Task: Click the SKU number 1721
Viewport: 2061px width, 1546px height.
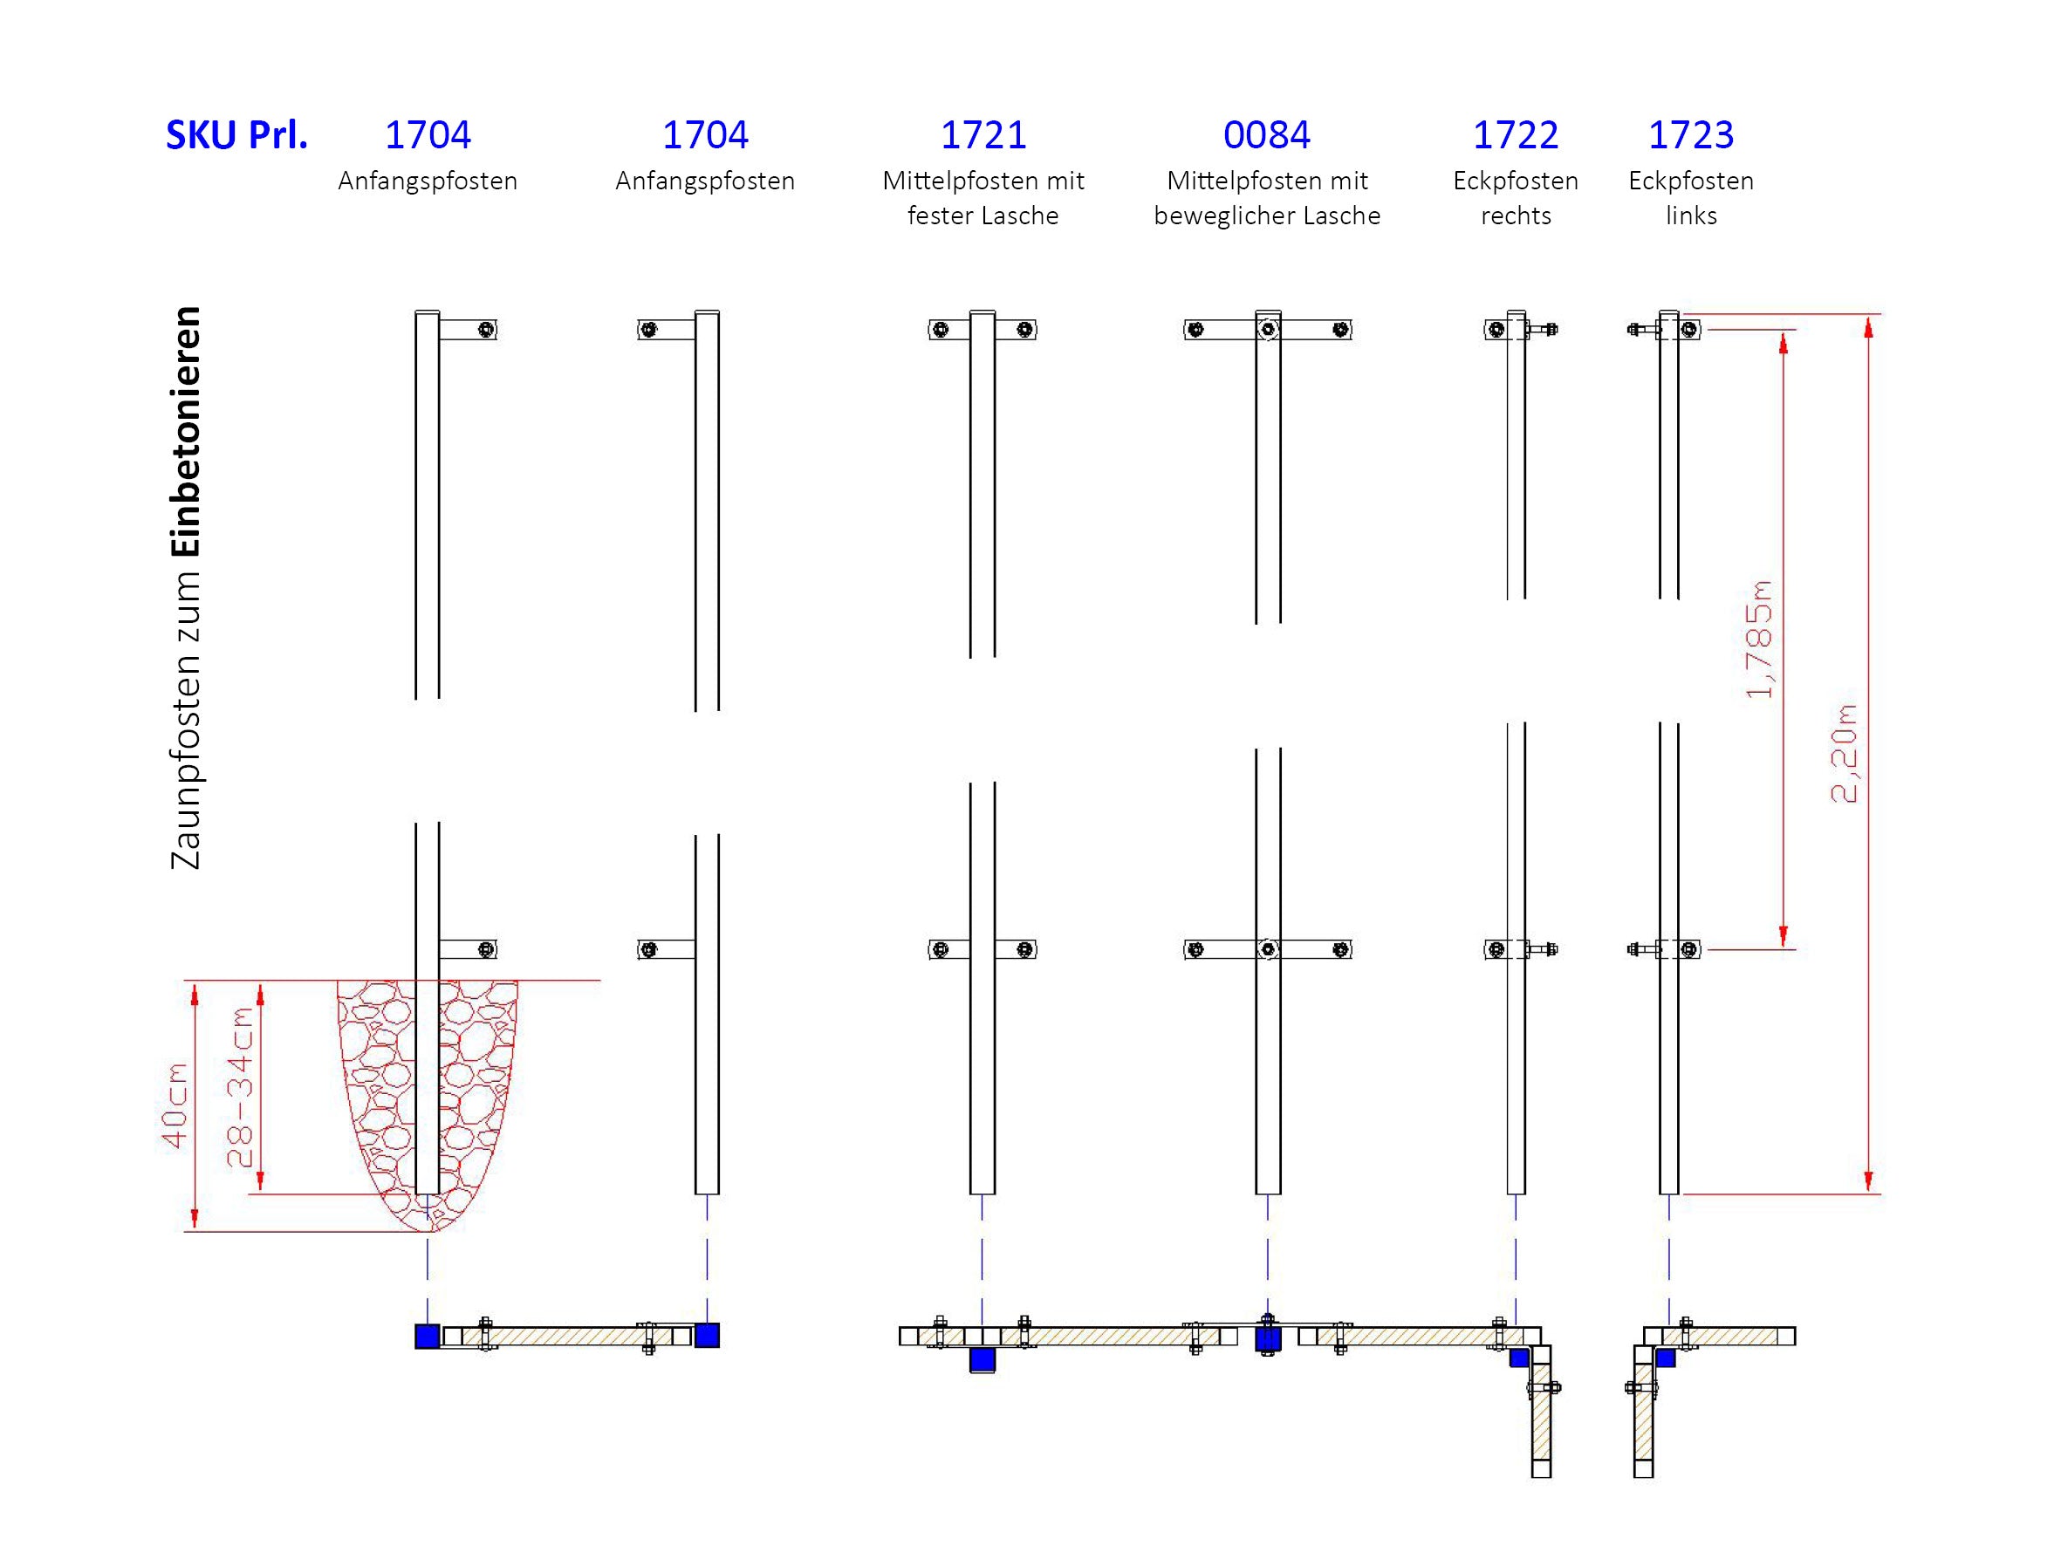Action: [983, 135]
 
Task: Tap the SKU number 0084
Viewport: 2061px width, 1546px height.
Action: [1266, 135]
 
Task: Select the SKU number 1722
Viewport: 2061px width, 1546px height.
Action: [1515, 135]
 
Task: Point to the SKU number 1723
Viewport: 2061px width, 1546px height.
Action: [1691, 135]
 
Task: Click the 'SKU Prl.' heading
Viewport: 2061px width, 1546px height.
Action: [236, 135]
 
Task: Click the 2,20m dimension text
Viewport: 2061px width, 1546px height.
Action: [1844, 753]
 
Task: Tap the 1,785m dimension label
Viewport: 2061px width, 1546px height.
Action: [1758, 640]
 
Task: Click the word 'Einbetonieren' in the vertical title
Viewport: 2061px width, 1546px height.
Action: [185, 433]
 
